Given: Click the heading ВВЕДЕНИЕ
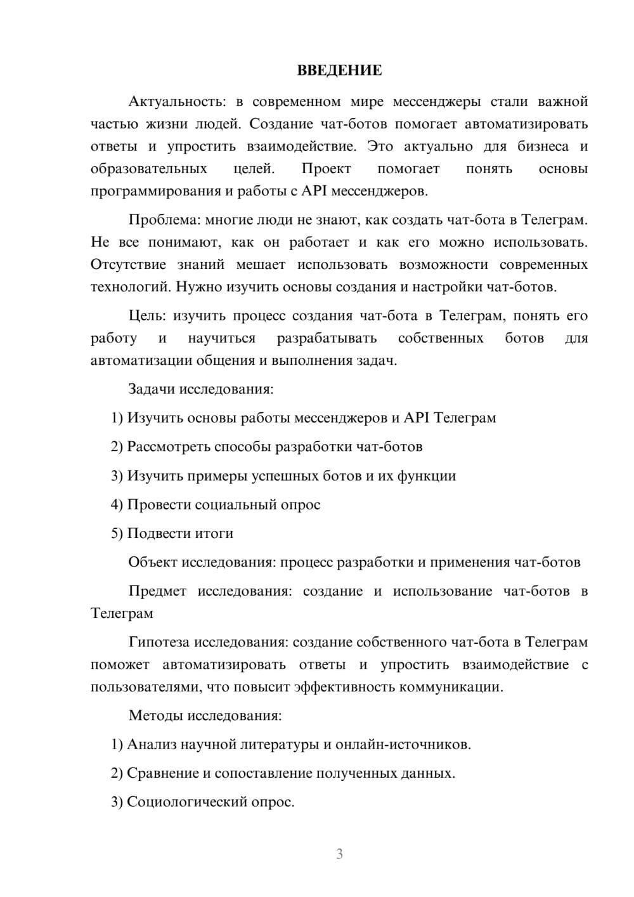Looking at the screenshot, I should coord(339,70).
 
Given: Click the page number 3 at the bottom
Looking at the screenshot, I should coord(339,854).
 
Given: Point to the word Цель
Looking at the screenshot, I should coord(147,316).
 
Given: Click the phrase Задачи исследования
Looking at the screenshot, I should coord(200,389).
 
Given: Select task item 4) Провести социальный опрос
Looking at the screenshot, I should coord(216,505).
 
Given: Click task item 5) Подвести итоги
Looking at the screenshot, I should coord(172,534).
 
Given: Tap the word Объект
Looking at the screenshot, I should coord(152,563).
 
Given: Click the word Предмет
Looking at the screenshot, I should coord(157,591).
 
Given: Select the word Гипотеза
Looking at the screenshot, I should coord(158,643).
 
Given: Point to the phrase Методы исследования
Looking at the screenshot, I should coord(205,716).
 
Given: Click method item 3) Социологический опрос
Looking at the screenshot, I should coord(203,802).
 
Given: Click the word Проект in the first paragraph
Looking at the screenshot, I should coord(326,169).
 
